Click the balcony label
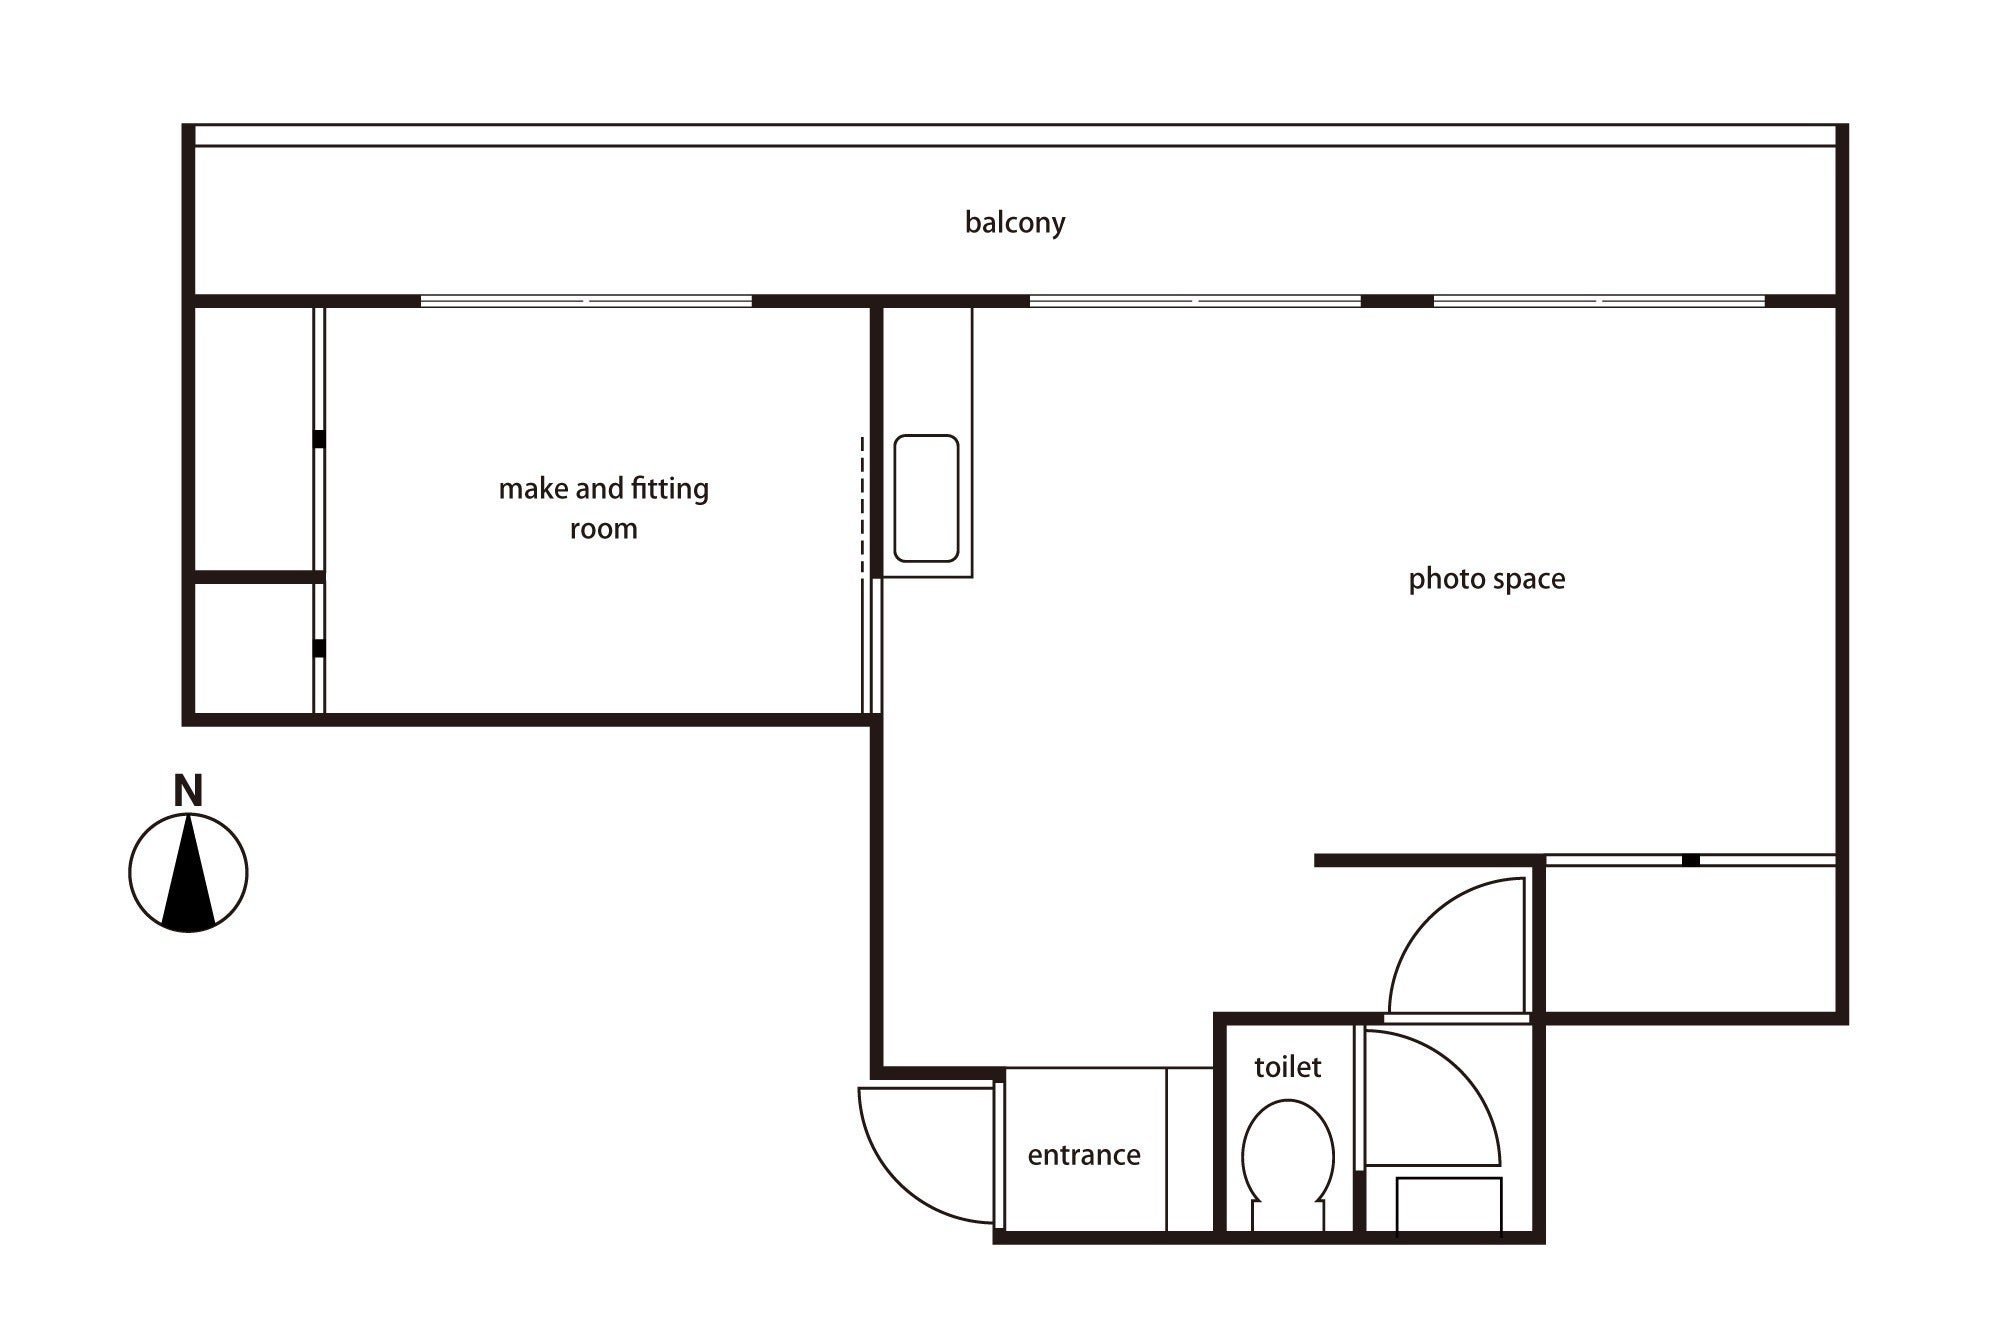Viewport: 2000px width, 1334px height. tap(1015, 222)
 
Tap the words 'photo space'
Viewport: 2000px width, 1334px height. tap(1487, 579)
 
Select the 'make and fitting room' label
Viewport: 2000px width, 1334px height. tap(604, 508)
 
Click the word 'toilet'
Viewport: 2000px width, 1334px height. tap(1288, 1067)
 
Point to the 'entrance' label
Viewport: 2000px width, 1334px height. tap(1084, 1155)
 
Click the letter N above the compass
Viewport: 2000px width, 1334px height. tap(188, 791)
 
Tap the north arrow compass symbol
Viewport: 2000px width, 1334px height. tap(188, 873)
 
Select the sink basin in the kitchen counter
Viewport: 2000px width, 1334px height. tap(926, 498)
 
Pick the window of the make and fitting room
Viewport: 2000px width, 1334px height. tap(586, 300)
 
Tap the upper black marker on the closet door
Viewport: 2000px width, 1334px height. tap(319, 439)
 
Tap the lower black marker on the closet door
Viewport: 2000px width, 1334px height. tap(319, 648)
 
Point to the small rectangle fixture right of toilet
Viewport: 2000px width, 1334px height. tap(1449, 1207)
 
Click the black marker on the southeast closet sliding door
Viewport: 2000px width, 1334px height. tap(1690, 860)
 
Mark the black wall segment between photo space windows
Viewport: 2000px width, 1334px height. tap(1397, 300)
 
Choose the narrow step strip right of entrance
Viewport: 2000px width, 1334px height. tap(1190, 1150)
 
